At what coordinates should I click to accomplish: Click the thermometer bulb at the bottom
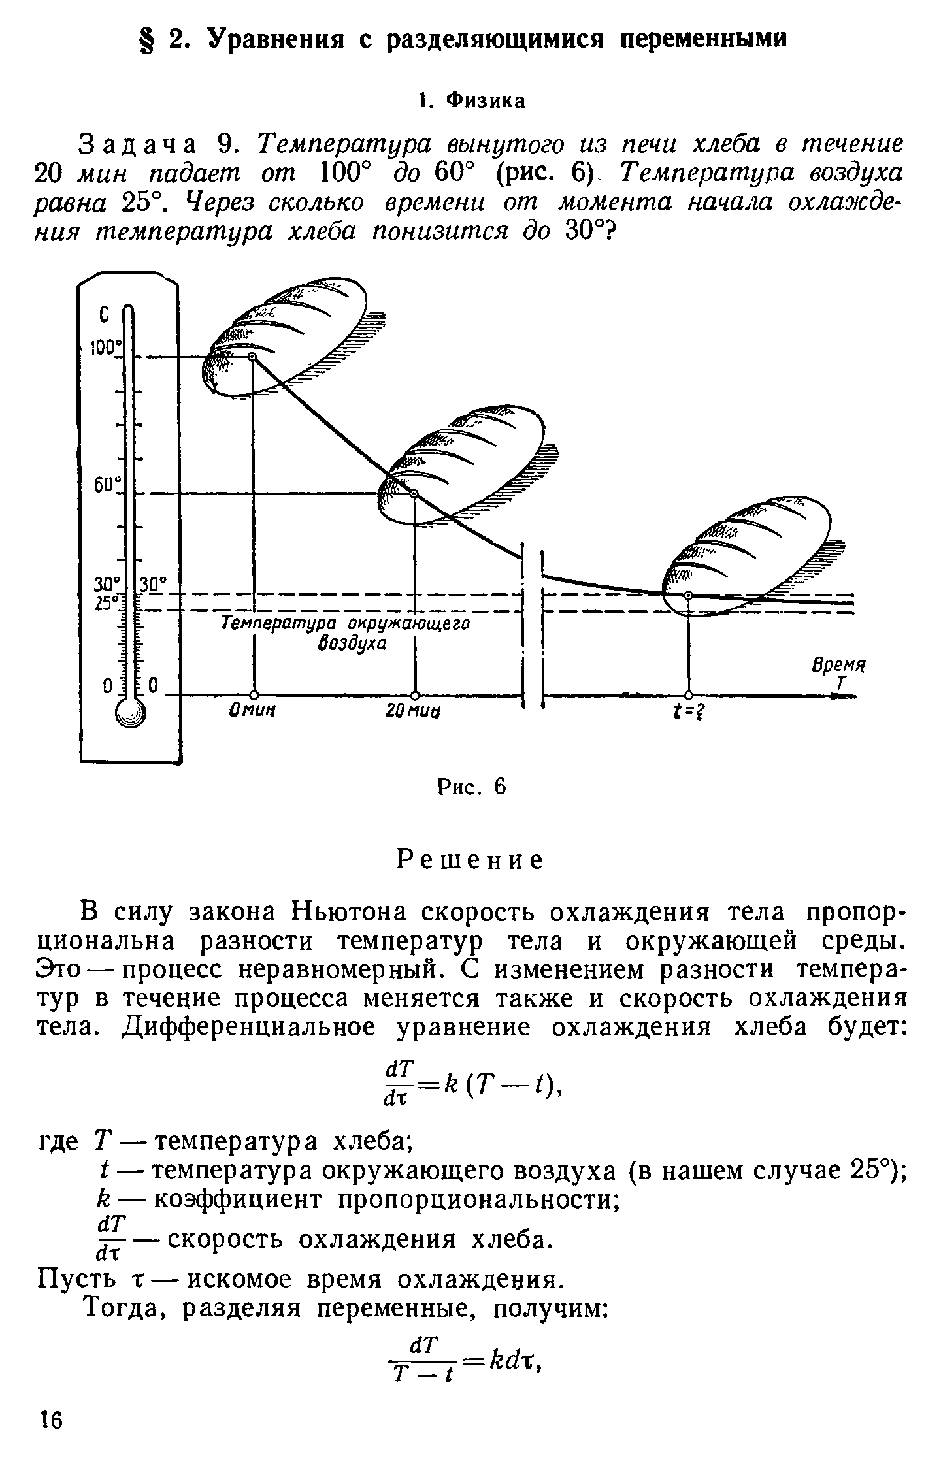[x=130, y=713]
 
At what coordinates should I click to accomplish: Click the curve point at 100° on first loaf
[x=252, y=357]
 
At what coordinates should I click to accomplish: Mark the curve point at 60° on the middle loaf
[x=413, y=494]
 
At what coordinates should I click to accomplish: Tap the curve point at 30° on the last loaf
[x=688, y=594]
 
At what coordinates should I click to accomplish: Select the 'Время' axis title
[x=837, y=666]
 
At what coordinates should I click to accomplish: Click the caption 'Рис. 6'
[x=470, y=787]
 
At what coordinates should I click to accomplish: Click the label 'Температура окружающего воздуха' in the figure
[x=346, y=633]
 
